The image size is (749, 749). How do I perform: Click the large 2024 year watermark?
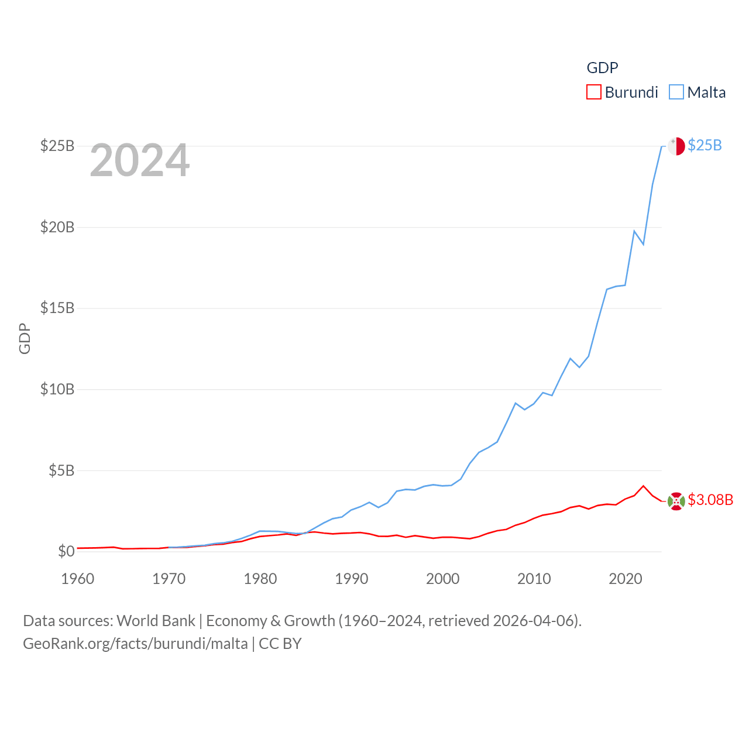tap(140, 160)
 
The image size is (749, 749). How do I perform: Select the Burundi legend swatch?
tap(594, 92)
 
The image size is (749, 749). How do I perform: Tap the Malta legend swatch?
tap(676, 92)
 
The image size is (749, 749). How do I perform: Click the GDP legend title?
tap(602, 68)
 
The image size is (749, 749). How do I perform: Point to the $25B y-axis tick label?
tap(57, 146)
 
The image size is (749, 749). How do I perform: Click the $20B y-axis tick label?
tap(57, 227)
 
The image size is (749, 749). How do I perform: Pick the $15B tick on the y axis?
tap(57, 308)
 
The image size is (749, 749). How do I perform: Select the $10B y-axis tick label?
tap(57, 389)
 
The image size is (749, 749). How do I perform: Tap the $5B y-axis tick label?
tap(61, 470)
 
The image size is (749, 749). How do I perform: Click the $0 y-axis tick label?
tap(66, 551)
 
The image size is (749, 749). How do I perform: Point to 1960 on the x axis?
tap(78, 579)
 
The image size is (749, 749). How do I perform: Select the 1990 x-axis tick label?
tap(352, 579)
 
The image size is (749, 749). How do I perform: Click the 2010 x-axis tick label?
tap(534, 579)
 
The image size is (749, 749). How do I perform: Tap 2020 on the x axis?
tap(626, 579)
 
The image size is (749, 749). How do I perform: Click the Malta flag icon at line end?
tap(676, 146)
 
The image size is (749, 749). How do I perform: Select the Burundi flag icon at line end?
tap(676, 501)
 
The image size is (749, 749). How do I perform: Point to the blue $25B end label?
tap(705, 145)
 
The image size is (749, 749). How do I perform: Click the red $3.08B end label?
tap(710, 500)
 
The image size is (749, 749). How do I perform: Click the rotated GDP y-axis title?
tap(25, 338)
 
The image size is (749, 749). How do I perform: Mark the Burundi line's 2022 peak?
tap(644, 486)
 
